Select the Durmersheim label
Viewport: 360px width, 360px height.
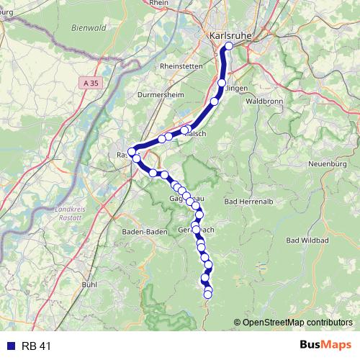(160, 94)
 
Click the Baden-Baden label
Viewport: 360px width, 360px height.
(145, 232)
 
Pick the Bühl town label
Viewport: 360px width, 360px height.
(89, 285)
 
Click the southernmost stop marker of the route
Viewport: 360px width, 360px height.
(209, 294)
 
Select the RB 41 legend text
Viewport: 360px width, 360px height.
(37, 346)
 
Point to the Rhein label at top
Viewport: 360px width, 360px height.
(159, 4)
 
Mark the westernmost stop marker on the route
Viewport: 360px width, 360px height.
(132, 152)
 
